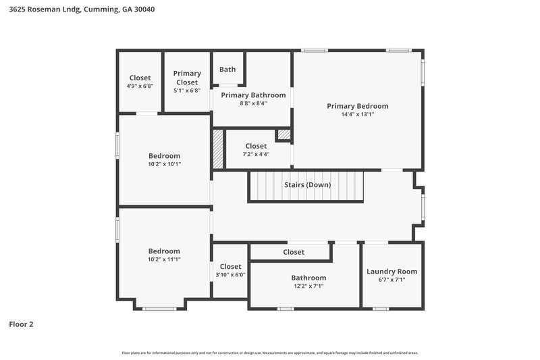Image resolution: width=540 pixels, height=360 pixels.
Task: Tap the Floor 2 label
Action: [x=21, y=324]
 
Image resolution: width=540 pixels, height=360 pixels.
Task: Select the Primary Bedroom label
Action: [x=357, y=106]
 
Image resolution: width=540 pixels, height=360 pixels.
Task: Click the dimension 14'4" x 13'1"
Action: [x=357, y=115]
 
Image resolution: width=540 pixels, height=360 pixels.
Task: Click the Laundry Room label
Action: [x=391, y=272]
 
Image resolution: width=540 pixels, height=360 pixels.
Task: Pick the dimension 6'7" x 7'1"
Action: [x=391, y=280]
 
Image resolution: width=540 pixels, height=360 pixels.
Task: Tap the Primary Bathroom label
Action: [x=253, y=95]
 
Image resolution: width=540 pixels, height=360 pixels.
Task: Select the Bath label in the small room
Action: [x=227, y=69]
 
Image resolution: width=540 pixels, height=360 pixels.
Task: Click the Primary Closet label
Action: [x=187, y=78]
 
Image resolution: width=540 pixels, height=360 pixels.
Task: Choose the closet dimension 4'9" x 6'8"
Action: [x=140, y=86]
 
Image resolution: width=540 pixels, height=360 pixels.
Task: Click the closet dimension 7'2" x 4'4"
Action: [x=256, y=154]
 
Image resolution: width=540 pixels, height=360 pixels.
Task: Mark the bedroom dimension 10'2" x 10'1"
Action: [x=164, y=164]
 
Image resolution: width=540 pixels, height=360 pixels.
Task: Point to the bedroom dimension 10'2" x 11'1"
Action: [x=164, y=259]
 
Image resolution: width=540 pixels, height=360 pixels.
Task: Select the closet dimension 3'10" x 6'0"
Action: [x=230, y=275]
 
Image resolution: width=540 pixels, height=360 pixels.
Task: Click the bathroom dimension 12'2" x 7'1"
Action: [x=308, y=286]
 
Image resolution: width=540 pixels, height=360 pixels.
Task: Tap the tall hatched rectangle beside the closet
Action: [x=217, y=149]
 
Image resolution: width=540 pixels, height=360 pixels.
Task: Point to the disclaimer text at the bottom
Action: [x=270, y=353]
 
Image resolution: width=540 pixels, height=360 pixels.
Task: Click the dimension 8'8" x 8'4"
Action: [x=253, y=103]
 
